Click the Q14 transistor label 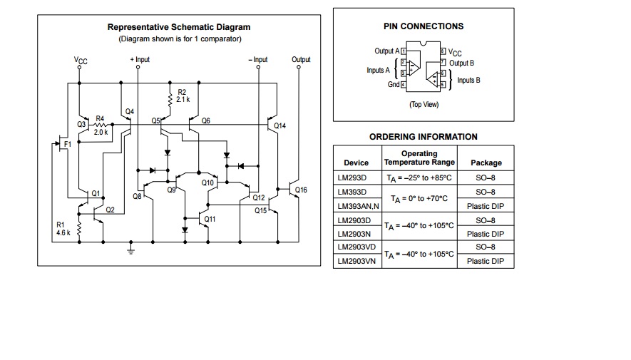coord(280,126)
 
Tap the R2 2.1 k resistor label coord(183,96)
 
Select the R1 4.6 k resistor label coord(63,229)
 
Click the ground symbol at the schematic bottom coord(130,249)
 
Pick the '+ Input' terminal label coord(140,60)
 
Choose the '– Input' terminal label coord(257,60)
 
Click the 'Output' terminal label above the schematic coord(301,60)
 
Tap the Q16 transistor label coord(301,190)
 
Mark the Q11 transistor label coord(210,219)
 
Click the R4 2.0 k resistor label coord(101,125)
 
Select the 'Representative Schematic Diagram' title coord(179,28)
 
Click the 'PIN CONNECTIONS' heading coord(424,26)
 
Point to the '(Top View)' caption coord(424,105)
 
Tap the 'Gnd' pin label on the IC coord(394,85)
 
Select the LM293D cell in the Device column coord(352,178)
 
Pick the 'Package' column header coord(486,163)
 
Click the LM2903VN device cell coord(355,261)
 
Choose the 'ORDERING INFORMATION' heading coord(424,137)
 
